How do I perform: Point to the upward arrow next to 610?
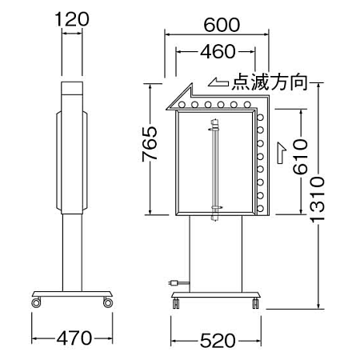[280, 152]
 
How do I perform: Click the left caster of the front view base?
[175, 303]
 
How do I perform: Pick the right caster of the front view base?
[254, 303]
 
